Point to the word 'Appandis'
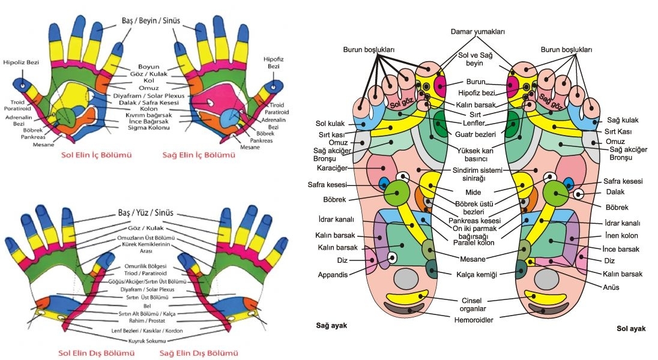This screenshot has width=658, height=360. tap(332, 275)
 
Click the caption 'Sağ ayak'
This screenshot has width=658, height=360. tap(331, 326)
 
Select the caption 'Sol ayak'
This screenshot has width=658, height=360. tap(631, 328)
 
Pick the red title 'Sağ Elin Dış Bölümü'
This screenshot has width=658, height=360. tap(199, 352)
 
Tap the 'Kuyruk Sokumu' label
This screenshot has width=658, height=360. tap(147, 340)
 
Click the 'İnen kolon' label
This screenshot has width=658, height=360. tap(620, 236)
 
